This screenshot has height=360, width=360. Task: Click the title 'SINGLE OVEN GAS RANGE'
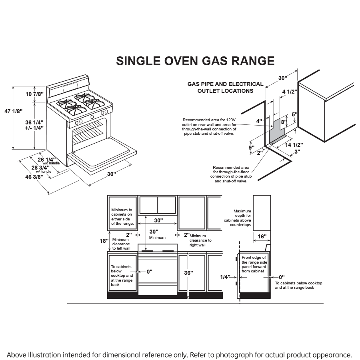click(x=195, y=61)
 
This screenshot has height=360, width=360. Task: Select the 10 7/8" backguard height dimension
click(x=34, y=94)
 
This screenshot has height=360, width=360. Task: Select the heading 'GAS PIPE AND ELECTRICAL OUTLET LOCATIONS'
click(x=225, y=87)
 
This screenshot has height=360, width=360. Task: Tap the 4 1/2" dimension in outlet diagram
click(x=290, y=92)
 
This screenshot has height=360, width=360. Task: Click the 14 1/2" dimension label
click(x=294, y=145)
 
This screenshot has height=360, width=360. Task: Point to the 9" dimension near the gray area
click(x=251, y=148)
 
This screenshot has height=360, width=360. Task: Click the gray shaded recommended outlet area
click(x=276, y=132)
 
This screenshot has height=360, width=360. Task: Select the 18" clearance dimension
click(x=104, y=241)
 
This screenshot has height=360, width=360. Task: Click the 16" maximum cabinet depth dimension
click(x=262, y=237)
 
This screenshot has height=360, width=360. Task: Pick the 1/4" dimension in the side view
click(x=226, y=276)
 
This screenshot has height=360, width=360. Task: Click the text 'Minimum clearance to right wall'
click(x=200, y=240)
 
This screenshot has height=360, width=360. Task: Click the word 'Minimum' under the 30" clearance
click(x=157, y=238)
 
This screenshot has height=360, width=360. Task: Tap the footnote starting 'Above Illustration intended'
click(x=180, y=355)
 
